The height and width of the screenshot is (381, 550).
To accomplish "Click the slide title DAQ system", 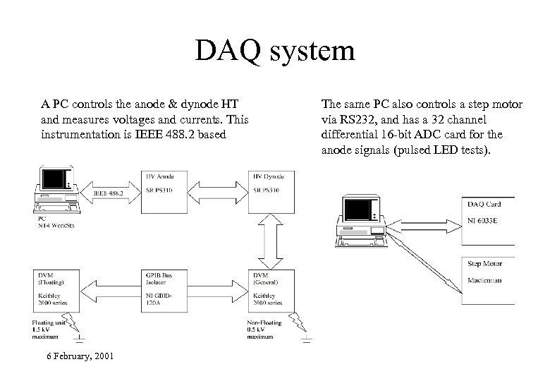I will pyautogui.click(x=275, y=52).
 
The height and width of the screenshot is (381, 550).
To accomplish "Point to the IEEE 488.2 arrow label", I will pyautogui.click(x=108, y=193).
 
